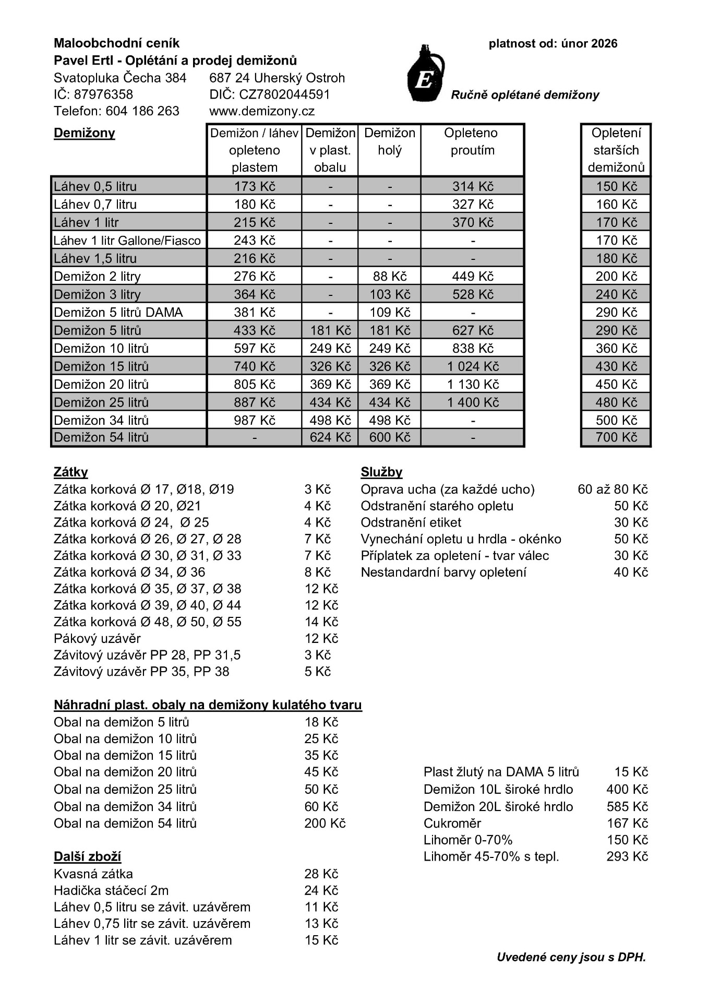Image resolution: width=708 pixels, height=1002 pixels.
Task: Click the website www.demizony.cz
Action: [261, 111]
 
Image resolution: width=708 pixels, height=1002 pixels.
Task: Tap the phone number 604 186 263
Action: [142, 111]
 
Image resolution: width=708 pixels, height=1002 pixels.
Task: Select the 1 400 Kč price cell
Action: [473, 402]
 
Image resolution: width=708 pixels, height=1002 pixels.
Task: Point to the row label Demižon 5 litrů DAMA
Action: [118, 313]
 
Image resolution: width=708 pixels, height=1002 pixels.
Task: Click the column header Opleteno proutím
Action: [472, 142]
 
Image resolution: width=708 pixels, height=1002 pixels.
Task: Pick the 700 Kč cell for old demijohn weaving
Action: [616, 437]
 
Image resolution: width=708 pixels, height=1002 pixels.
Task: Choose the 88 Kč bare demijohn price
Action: [390, 277]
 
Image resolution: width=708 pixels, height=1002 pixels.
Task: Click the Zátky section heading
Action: [71, 472]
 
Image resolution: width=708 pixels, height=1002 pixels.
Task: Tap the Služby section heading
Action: [381, 472]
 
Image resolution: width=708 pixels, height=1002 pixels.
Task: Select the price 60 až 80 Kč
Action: [613, 490]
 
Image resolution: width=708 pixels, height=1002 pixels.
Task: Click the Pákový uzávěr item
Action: [97, 639]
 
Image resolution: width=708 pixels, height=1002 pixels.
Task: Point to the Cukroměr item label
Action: [452, 824]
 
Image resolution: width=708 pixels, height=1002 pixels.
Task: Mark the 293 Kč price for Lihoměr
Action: [627, 856]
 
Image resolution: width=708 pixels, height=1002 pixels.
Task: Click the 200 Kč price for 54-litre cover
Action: [325, 824]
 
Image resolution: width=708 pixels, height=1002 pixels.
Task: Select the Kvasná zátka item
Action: [93, 874]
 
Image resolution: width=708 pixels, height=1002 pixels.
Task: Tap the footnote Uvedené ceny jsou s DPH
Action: [571, 957]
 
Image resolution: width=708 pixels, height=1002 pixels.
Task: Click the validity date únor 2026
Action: [589, 44]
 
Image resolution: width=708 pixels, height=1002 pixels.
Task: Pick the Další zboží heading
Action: [87, 857]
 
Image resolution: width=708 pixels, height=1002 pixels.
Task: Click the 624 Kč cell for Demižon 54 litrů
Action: [330, 437]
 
